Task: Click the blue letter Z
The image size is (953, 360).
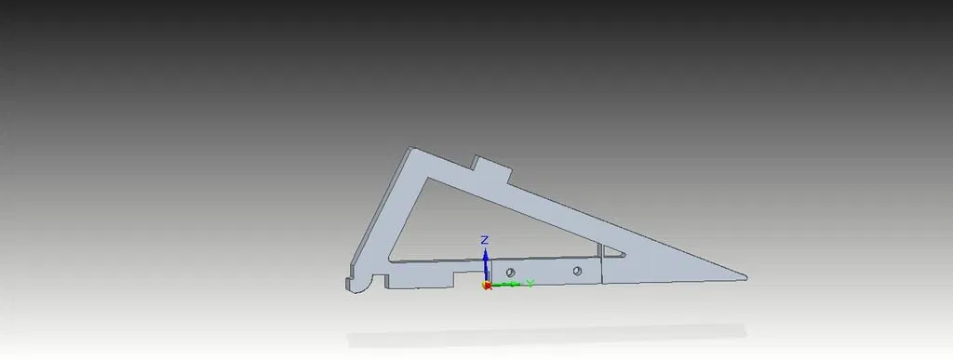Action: tap(484, 240)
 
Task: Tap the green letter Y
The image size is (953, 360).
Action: tap(530, 282)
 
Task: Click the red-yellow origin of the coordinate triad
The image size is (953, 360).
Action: tap(486, 285)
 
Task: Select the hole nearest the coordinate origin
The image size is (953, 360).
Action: tap(510, 270)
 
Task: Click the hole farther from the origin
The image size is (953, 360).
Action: tap(577, 270)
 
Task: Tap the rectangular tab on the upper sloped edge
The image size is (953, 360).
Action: tap(493, 168)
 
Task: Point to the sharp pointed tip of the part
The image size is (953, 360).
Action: tap(745, 276)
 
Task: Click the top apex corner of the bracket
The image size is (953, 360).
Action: tap(410, 148)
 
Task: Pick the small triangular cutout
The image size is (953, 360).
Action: tap(610, 251)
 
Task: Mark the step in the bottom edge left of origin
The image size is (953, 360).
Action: tap(452, 278)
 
